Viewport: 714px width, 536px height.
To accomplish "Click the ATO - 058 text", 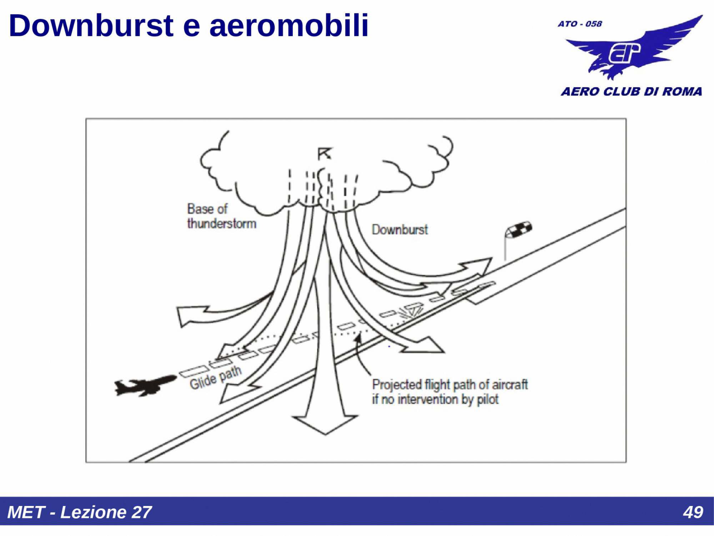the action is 580,24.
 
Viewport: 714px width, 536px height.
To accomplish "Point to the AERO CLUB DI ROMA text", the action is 631,91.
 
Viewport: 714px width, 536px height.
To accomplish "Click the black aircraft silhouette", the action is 145,386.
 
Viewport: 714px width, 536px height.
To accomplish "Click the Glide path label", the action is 216,377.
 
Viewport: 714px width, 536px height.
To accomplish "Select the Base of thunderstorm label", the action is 221,216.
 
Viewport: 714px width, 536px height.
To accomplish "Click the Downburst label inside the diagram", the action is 400,230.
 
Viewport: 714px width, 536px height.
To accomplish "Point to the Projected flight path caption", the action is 450,392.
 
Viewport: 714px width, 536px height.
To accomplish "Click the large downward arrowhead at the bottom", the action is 325,425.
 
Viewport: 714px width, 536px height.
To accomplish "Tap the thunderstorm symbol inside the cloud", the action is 325,153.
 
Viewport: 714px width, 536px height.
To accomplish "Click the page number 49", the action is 693,513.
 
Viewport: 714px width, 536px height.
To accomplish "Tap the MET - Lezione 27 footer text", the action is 79,512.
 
